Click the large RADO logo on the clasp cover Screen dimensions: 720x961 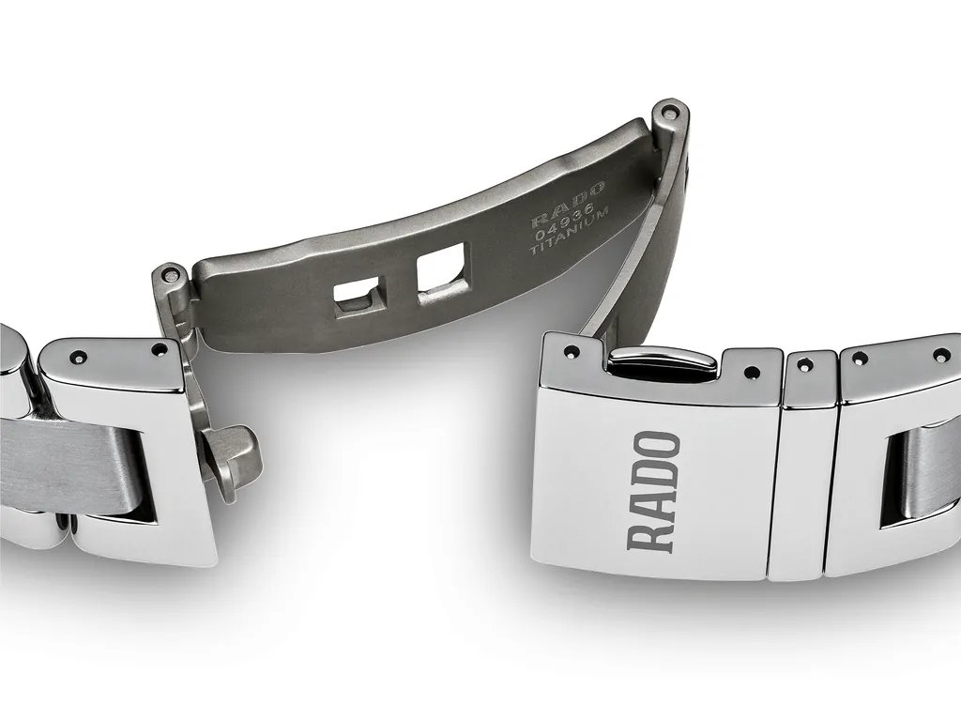654,490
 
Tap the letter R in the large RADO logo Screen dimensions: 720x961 654,532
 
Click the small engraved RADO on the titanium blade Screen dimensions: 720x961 569,207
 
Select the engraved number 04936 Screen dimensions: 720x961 569,223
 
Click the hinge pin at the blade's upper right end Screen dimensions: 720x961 668,113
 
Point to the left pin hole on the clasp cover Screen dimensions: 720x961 571,352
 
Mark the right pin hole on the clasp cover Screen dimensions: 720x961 750,373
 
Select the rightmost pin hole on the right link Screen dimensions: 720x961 940,355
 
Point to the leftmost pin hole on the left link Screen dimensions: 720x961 77,357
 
